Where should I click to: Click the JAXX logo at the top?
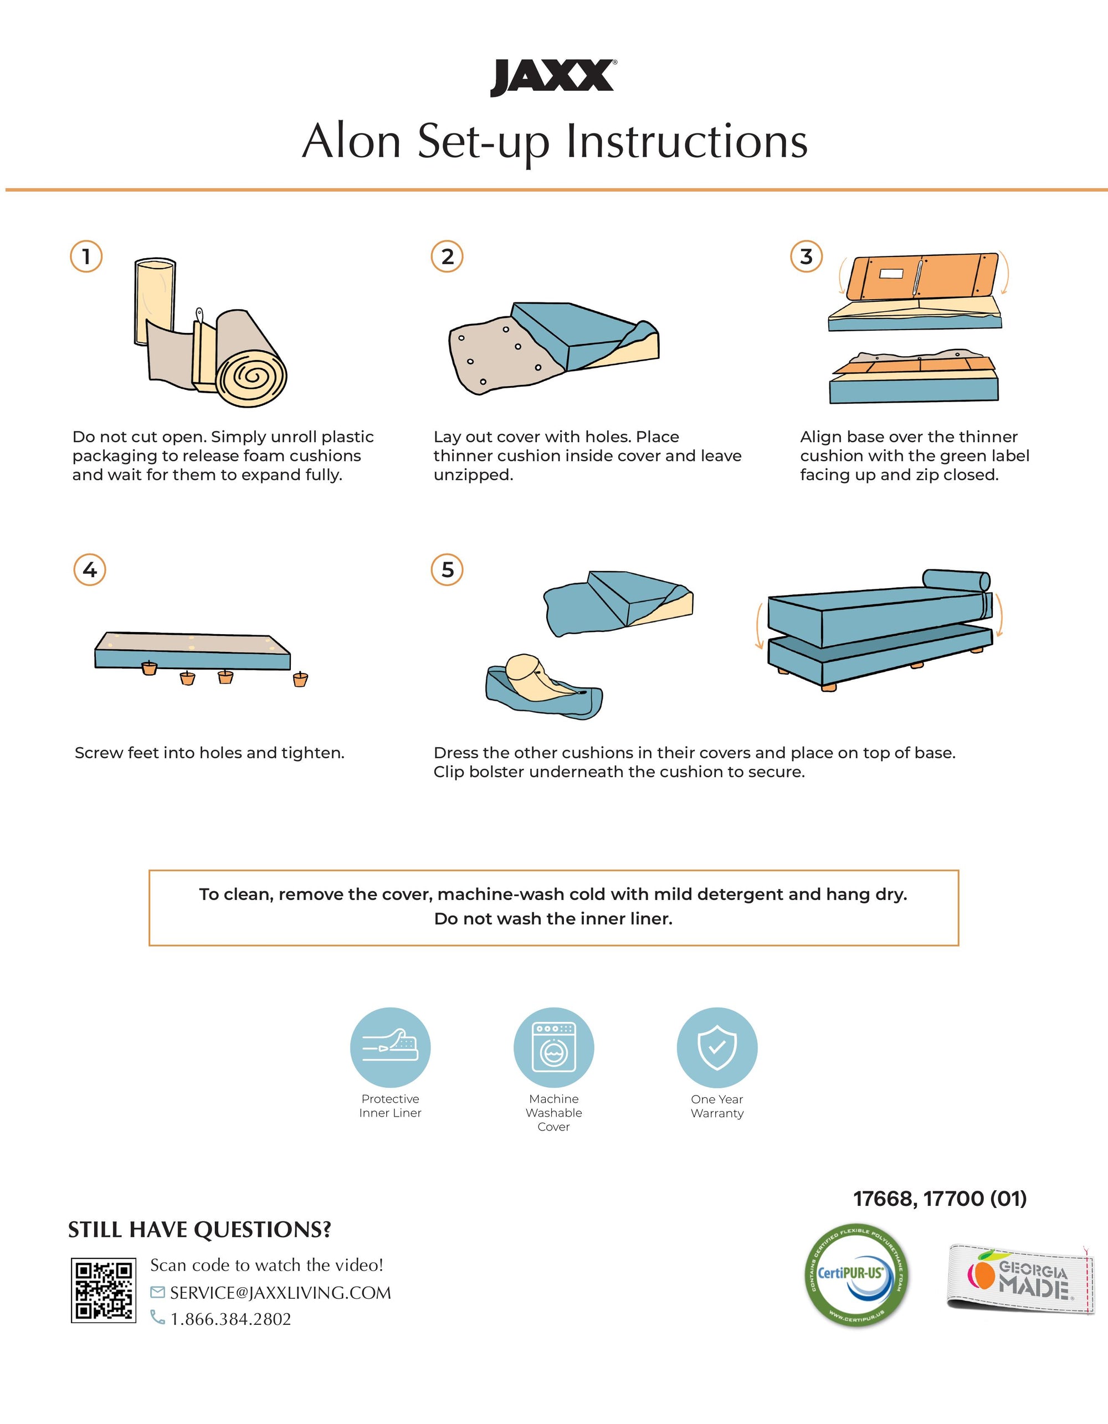(553, 78)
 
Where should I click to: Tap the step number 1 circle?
(86, 256)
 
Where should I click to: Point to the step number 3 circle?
(806, 256)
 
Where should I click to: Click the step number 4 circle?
(90, 570)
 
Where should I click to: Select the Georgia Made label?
(1020, 1278)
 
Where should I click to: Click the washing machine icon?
(553, 1047)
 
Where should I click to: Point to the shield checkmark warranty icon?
(717, 1047)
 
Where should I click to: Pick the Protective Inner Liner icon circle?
(390, 1047)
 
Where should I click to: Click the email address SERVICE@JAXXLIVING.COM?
(280, 1292)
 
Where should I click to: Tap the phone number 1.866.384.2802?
(231, 1319)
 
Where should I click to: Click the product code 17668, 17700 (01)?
(940, 1199)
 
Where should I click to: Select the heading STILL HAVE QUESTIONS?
(199, 1230)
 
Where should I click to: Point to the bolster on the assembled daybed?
(956, 580)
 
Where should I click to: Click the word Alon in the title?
(351, 141)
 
